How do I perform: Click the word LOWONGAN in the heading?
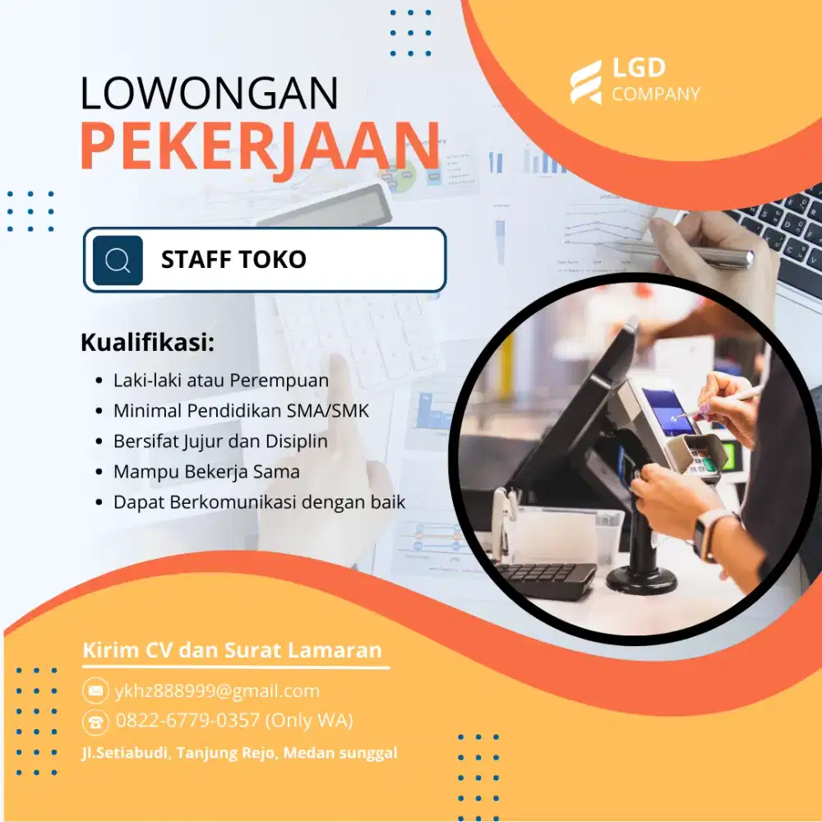coord(209,94)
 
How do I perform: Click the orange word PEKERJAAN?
coord(260,146)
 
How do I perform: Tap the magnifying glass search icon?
coord(118,261)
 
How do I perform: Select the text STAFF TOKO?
coord(233,260)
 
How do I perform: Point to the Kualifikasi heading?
coord(147,343)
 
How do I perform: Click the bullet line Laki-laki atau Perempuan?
coord(220,381)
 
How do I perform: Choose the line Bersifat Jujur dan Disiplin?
coord(220,441)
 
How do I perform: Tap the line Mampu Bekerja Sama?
coord(206,472)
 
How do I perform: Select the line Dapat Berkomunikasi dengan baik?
coord(259,501)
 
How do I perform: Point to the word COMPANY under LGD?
coord(656,95)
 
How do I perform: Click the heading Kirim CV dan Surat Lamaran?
coord(233,650)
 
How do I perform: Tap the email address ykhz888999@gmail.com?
coord(217,690)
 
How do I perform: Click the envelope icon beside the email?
coord(95,690)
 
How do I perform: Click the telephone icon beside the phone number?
coord(95,722)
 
